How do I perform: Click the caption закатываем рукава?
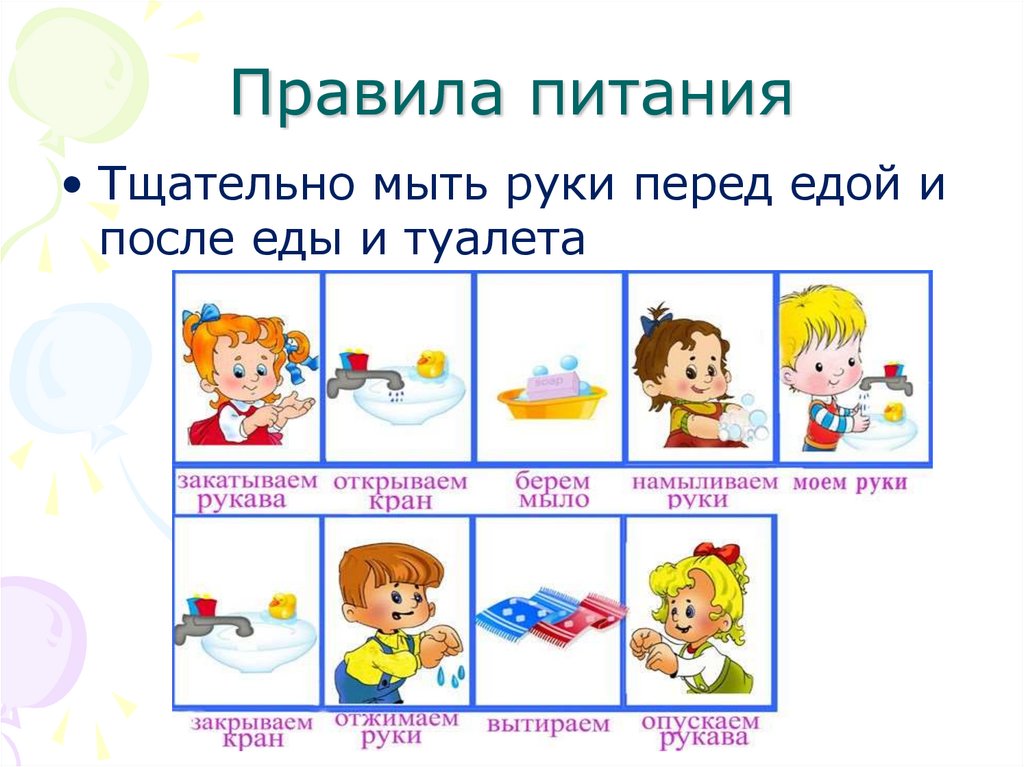click(x=246, y=490)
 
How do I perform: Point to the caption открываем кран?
click(x=400, y=490)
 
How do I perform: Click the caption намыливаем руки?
click(x=704, y=490)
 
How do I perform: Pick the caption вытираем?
click(x=549, y=723)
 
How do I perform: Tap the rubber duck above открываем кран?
click(x=432, y=363)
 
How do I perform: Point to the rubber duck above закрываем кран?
click(x=283, y=603)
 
